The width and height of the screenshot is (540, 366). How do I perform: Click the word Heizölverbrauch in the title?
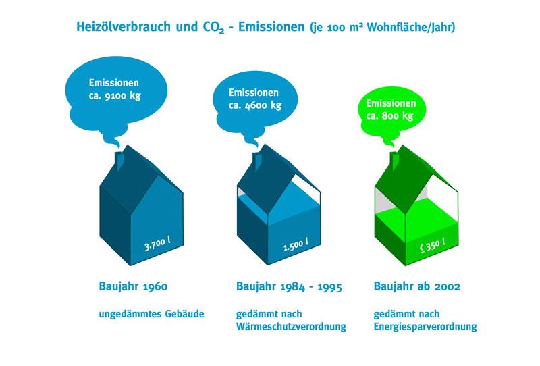tap(124, 27)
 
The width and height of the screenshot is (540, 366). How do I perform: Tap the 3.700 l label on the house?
tap(157, 244)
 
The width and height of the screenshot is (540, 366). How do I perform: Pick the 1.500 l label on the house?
tap(296, 244)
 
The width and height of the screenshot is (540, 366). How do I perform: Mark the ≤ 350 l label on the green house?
tap(433, 245)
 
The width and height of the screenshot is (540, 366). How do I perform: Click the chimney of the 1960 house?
tap(119, 161)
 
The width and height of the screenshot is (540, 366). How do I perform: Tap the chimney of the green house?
tap(395, 161)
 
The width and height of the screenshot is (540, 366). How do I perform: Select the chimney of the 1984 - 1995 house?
tap(257, 161)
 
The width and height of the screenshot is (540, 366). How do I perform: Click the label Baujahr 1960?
tap(133, 286)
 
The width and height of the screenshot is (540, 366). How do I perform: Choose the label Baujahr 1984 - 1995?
tap(289, 286)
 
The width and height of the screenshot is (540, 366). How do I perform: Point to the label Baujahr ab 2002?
tap(416, 286)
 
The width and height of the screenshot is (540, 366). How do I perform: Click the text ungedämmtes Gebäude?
tap(151, 314)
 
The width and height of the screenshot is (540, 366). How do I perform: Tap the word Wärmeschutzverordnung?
tap(291, 326)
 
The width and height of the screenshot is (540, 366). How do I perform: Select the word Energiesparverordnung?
tap(425, 327)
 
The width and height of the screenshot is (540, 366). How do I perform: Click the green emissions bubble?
tap(392, 110)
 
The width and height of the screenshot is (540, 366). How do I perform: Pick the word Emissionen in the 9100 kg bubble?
tap(113, 82)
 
